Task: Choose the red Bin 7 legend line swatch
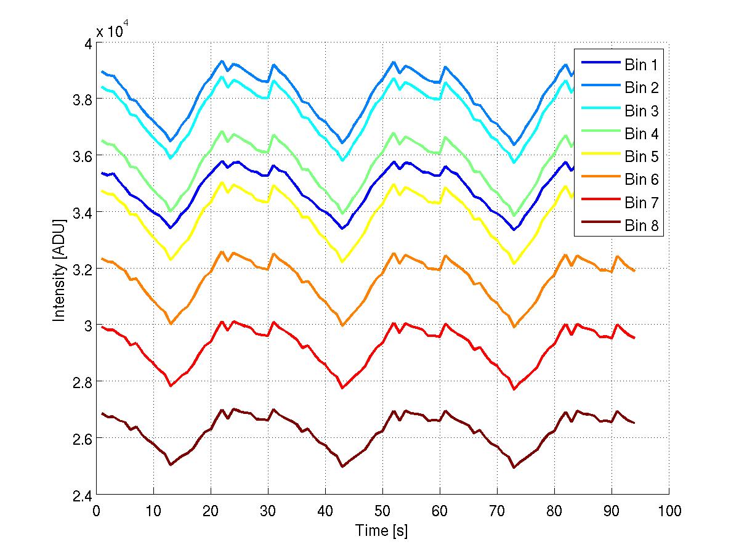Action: pyautogui.click(x=598, y=203)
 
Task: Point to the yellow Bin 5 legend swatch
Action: pyautogui.click(x=598, y=156)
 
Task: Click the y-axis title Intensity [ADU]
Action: pyautogui.click(x=59, y=269)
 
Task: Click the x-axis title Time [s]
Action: pyautogui.click(x=382, y=530)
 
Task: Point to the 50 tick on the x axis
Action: pyautogui.click(x=382, y=511)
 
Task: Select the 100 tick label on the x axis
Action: pyautogui.click(x=668, y=511)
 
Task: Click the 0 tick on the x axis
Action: pyautogui.click(x=97, y=511)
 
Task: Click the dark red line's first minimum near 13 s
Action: pyautogui.click(x=171, y=464)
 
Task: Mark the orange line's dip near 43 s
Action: pyautogui.click(x=342, y=325)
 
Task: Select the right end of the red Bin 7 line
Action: pyautogui.click(x=634, y=338)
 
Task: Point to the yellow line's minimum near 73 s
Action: pyautogui.click(x=514, y=264)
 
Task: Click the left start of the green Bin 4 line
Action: pyautogui.click(x=102, y=140)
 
